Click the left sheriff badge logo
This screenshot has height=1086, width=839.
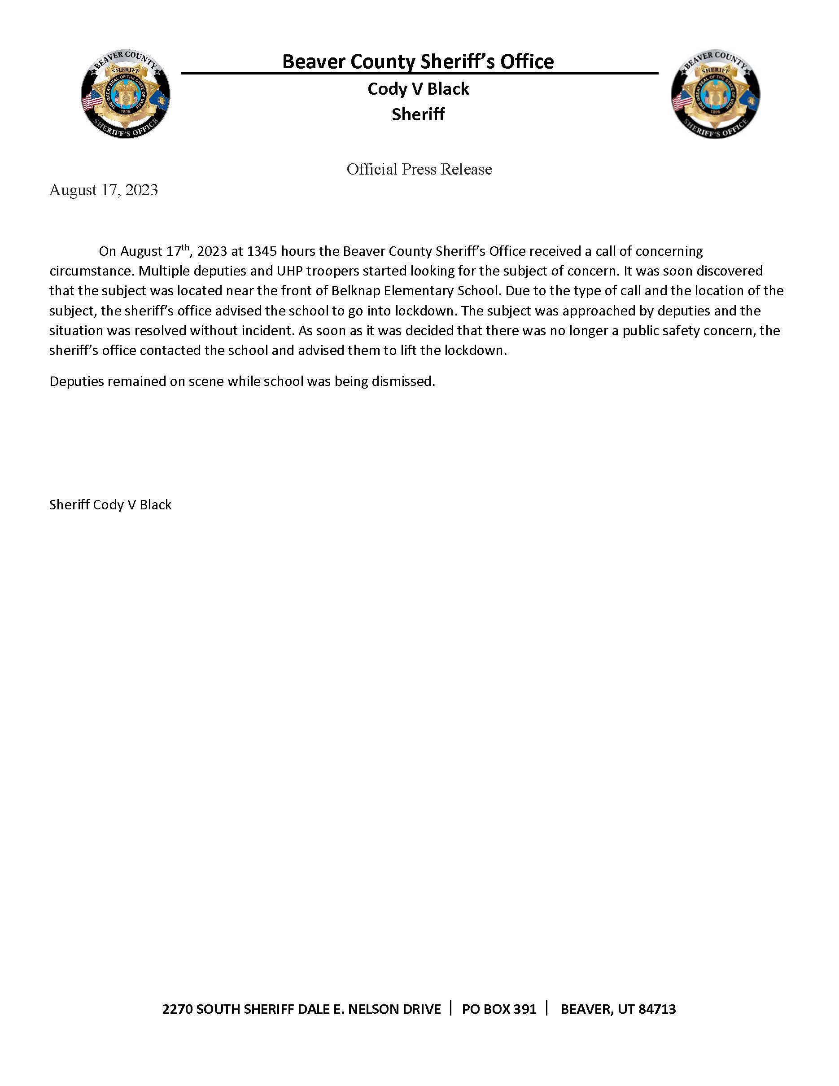(x=125, y=94)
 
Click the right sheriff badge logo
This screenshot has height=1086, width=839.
(x=715, y=94)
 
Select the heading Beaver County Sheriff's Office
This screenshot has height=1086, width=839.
(x=418, y=61)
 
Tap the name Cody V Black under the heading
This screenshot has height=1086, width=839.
(x=418, y=89)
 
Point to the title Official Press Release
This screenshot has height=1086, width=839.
(x=419, y=169)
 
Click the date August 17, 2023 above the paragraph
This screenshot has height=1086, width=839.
(x=103, y=190)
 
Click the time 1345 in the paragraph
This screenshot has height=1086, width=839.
(x=262, y=251)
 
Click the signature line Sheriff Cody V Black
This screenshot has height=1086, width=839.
(x=110, y=505)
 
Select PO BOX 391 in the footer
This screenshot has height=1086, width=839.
(x=499, y=1009)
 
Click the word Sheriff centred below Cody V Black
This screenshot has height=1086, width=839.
(x=418, y=114)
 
